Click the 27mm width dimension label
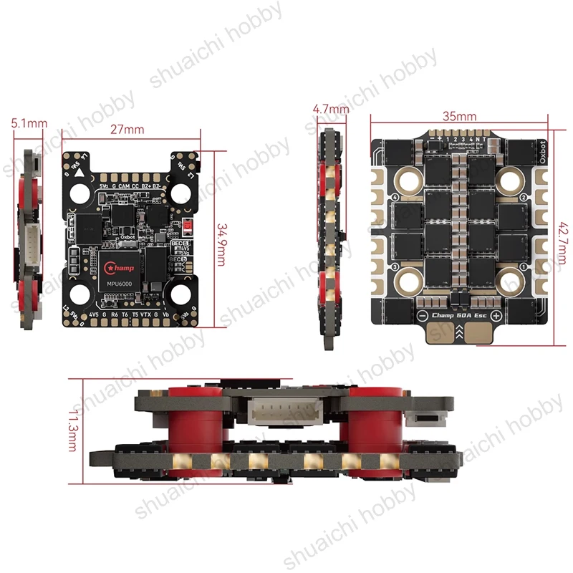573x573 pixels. pos(127,130)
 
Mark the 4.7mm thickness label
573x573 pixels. pos(331,109)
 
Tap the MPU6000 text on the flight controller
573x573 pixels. pos(121,281)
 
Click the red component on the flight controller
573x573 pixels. pos(188,227)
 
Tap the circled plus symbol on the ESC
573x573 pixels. pos(496,316)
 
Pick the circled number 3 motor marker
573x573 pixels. pos(395,267)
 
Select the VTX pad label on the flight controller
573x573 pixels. pos(146,314)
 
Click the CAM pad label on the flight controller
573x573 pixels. pos(125,186)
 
